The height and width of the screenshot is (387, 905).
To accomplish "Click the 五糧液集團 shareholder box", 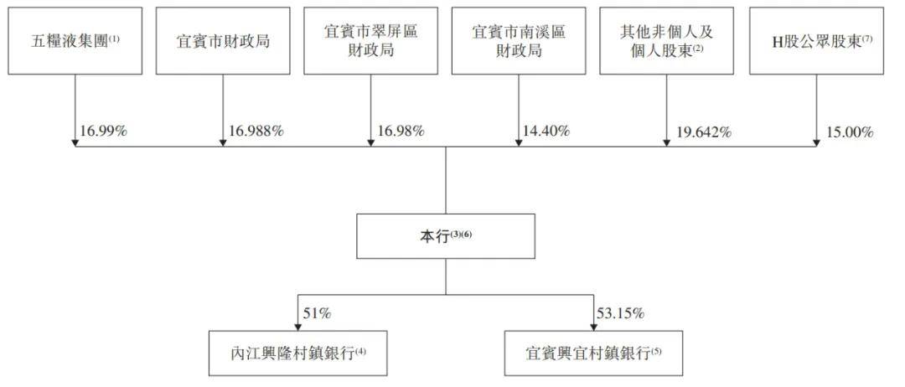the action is click(75, 41).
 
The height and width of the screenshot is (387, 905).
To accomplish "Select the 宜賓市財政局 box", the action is click(223, 41).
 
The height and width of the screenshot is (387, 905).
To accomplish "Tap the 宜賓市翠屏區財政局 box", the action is click(370, 41).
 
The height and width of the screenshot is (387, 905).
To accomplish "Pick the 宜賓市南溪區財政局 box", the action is click(519, 41).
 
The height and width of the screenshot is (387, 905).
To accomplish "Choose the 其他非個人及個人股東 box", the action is click(667, 41).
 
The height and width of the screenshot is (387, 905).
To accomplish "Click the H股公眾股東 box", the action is click(816, 41).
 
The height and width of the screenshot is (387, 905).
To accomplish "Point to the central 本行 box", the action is click(446, 236).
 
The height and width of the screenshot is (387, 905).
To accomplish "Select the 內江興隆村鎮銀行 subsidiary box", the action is click(297, 353).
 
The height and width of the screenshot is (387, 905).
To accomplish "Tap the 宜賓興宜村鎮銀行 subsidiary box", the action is click(593, 353).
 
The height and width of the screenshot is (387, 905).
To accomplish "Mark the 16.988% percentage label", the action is click(256, 132).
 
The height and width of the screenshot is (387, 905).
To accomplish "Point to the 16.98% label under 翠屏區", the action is click(401, 132).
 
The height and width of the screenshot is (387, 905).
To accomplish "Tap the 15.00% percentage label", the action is click(849, 132).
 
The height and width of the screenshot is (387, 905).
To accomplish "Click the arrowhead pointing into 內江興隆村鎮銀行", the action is click(297, 327).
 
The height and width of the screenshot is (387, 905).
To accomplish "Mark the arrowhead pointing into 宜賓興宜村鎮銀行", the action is click(593, 327).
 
